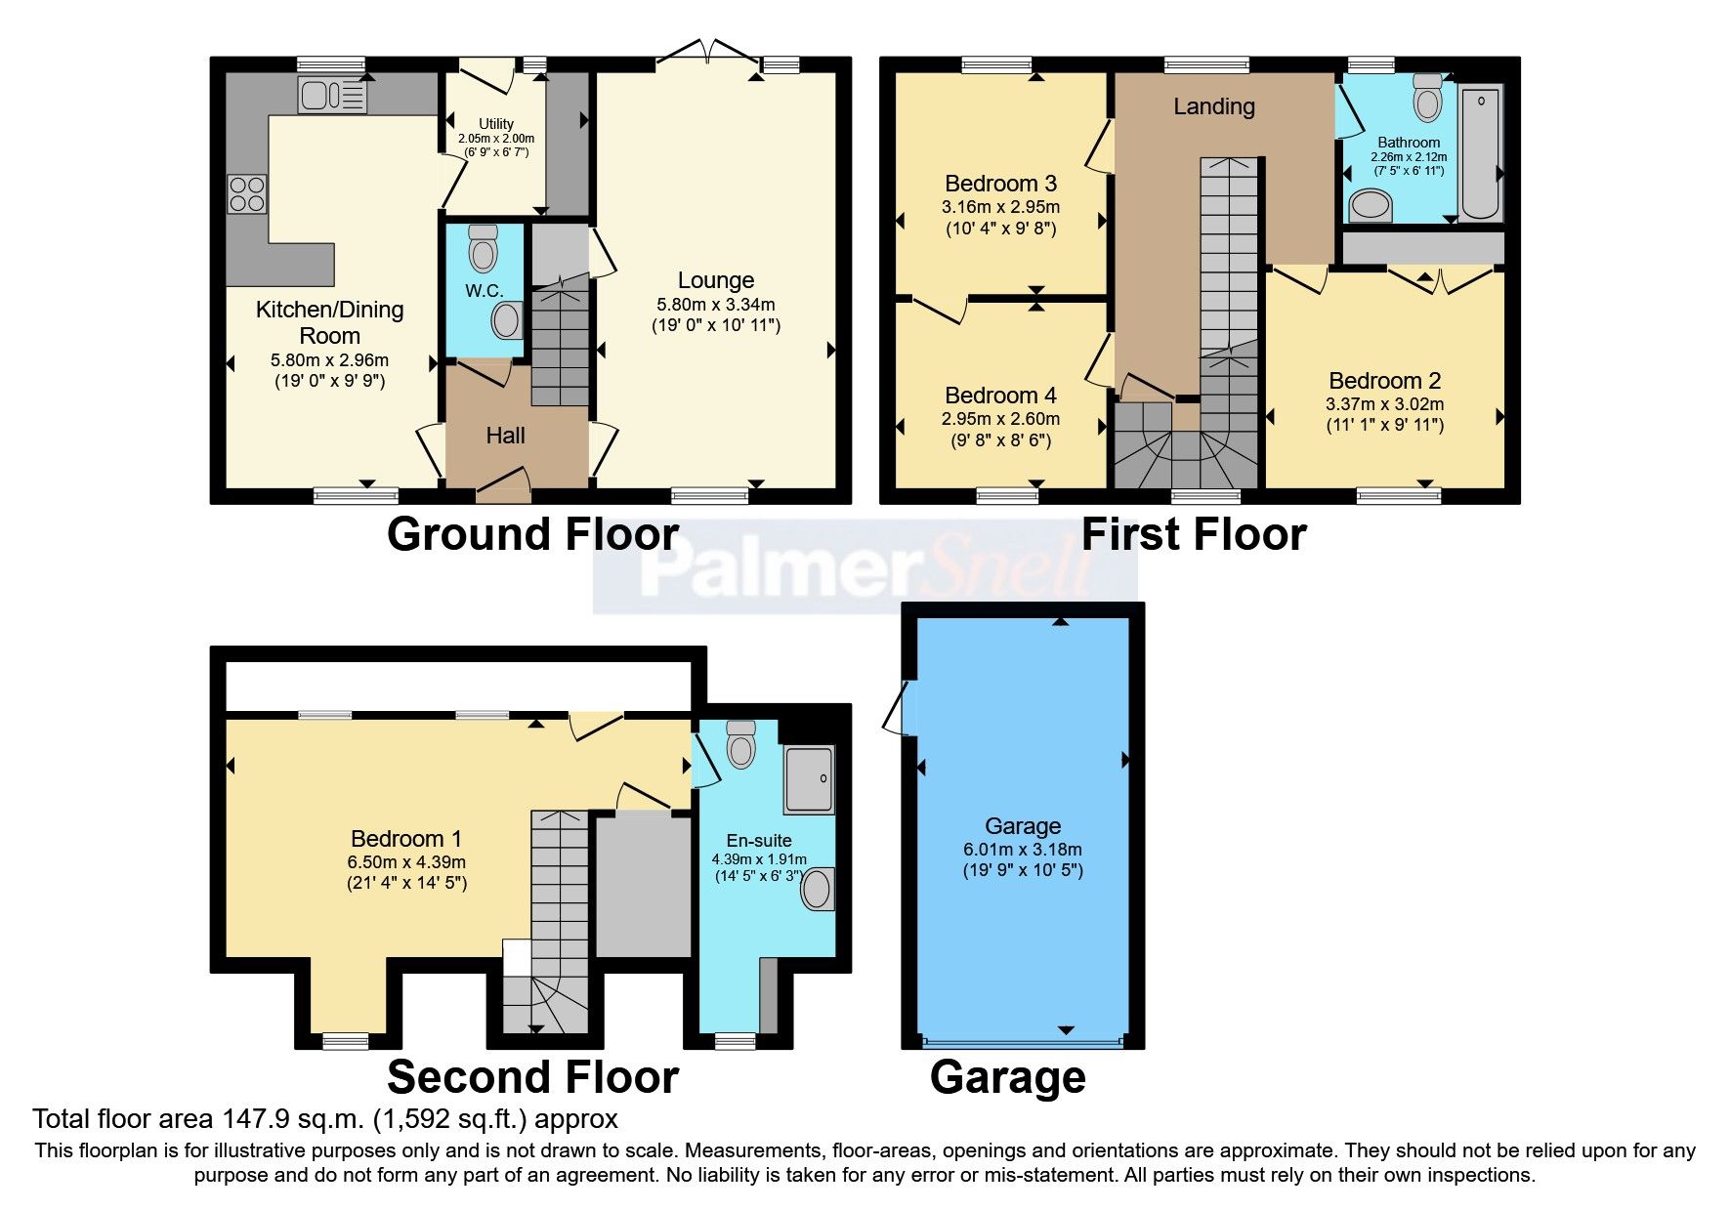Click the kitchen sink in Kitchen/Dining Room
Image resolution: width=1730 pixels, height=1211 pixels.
(x=332, y=96)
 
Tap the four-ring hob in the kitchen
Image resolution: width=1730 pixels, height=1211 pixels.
(x=246, y=192)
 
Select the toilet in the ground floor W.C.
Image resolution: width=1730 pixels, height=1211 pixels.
(x=484, y=249)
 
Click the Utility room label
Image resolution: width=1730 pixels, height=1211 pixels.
(x=496, y=124)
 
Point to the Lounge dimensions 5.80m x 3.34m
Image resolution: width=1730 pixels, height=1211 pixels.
(x=716, y=305)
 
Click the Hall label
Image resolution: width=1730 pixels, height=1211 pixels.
(x=505, y=436)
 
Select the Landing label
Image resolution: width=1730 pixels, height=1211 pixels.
(x=1214, y=106)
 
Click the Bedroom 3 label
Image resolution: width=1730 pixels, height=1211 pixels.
(x=1000, y=184)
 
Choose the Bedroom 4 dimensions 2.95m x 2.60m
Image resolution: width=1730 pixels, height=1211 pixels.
(x=1000, y=419)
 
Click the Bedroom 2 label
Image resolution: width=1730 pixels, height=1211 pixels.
(x=1384, y=381)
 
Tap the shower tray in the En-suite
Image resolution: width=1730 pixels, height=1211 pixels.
(x=810, y=779)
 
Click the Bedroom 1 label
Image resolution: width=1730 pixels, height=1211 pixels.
(x=405, y=839)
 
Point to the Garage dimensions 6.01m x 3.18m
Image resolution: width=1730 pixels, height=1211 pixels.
(x=1022, y=850)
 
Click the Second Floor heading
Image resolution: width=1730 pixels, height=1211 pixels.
(x=532, y=1077)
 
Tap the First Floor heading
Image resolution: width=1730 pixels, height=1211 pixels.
(x=1194, y=535)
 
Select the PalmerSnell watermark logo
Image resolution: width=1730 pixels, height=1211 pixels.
(x=865, y=567)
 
